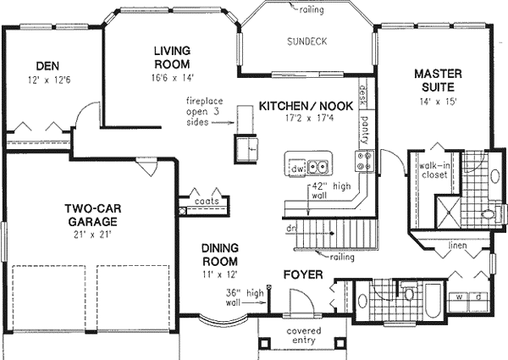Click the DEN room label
tap(46, 66)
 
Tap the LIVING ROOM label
tap(172, 58)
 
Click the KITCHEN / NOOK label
tap(305, 107)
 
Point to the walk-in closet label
tap(433, 171)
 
